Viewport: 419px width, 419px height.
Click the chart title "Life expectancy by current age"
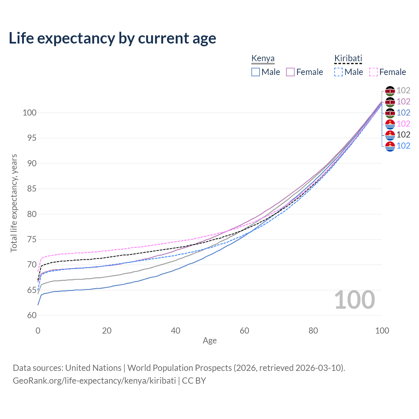[112, 38]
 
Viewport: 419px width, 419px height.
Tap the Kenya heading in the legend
[263, 59]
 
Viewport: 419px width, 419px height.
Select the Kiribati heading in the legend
[348, 59]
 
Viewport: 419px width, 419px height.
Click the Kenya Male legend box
[256, 72]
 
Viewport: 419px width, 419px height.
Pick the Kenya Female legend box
[290, 72]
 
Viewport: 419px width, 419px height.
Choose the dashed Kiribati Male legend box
[338, 72]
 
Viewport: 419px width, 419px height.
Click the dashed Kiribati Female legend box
[373, 72]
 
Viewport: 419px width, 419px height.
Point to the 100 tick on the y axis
[29, 113]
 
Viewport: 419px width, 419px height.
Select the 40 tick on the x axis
[176, 331]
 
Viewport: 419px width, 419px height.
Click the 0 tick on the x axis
[38, 331]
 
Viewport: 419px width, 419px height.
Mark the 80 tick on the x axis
[313, 331]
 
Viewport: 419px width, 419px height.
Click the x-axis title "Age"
[209, 341]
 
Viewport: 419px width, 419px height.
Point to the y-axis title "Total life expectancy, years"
[14, 203]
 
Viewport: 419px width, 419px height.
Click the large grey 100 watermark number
[355, 300]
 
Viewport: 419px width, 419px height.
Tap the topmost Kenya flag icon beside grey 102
[390, 91]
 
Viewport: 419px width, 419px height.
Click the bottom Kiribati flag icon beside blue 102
[390, 146]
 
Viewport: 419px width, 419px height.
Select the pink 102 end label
[403, 124]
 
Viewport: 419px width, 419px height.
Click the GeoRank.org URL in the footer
[94, 381]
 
